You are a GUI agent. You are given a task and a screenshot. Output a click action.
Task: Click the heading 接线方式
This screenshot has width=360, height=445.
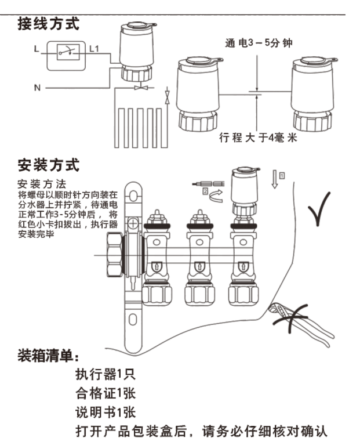coord(49,24)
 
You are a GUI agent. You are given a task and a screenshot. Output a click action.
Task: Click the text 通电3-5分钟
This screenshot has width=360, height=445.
coord(259,44)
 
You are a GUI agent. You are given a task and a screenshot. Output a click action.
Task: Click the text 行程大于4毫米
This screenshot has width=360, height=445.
coord(258,138)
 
